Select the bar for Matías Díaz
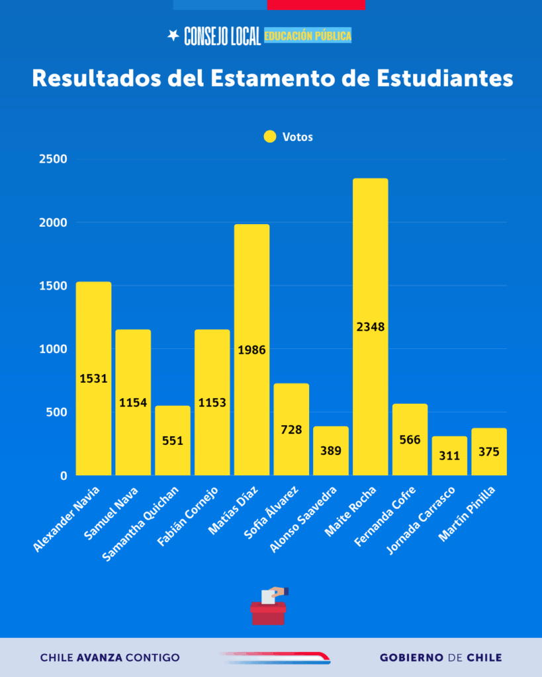click(251, 298)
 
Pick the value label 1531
click(93, 379)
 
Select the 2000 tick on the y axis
click(54, 223)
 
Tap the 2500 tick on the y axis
click(54, 159)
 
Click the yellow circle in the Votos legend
click(270, 137)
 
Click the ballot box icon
click(269, 608)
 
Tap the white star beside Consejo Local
click(173, 36)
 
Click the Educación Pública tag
click(308, 36)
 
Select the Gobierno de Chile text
click(441, 658)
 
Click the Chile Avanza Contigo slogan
click(110, 658)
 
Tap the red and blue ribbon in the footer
click(275, 657)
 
